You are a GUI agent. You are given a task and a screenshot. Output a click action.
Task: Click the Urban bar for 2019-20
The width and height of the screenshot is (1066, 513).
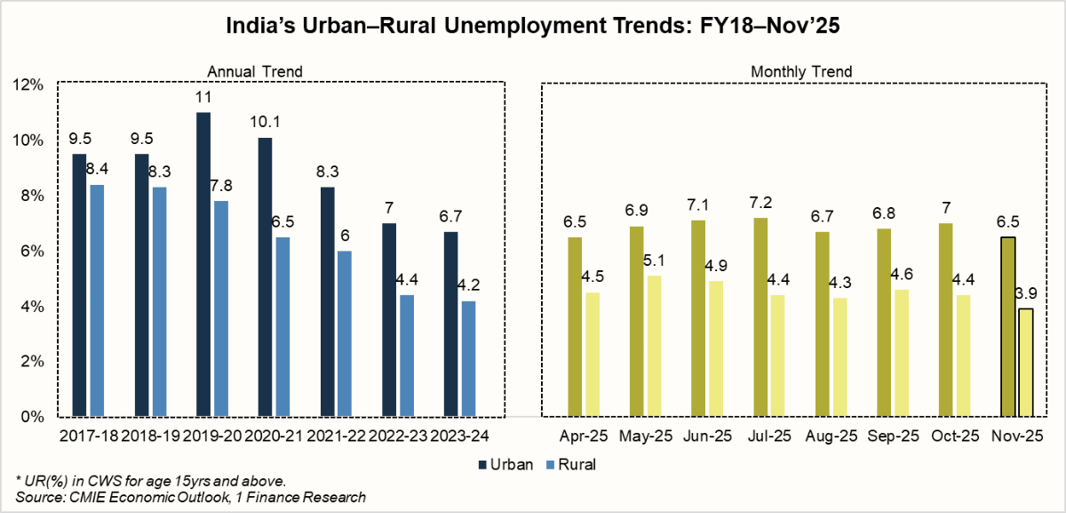click(x=203, y=264)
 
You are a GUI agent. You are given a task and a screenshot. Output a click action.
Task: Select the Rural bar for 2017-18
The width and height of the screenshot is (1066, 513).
click(x=97, y=301)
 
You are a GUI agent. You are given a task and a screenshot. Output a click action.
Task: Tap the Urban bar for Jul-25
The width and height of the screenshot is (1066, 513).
click(x=760, y=317)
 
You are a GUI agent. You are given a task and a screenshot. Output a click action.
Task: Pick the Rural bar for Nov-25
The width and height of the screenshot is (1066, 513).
click(x=1025, y=363)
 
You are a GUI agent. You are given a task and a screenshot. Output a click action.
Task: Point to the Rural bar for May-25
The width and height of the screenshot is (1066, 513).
click(x=655, y=346)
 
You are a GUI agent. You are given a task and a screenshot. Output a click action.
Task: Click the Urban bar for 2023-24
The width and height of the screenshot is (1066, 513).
click(x=450, y=325)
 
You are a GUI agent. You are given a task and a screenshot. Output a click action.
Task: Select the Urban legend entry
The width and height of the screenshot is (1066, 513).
click(x=505, y=464)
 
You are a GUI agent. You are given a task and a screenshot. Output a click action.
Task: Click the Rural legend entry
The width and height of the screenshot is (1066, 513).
click(x=571, y=464)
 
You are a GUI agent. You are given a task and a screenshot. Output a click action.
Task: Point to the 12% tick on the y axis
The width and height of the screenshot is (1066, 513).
click(x=28, y=84)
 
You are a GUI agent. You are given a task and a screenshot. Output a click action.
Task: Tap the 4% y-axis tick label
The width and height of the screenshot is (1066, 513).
click(x=32, y=306)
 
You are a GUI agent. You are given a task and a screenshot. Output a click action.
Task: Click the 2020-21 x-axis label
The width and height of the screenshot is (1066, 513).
click(x=274, y=436)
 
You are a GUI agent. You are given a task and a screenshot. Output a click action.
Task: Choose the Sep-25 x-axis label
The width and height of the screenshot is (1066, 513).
click(x=893, y=436)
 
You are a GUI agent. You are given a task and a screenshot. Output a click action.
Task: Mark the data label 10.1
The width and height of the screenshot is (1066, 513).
click(x=265, y=122)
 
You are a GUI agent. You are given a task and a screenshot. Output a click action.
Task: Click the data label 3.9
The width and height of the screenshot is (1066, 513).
click(x=1025, y=293)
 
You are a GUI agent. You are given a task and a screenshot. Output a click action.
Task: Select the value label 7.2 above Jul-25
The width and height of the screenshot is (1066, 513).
click(x=760, y=203)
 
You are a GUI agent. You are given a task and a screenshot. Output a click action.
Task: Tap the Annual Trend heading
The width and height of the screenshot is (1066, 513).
click(x=255, y=72)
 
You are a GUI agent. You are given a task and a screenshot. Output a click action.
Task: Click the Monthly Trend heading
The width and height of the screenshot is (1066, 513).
click(x=801, y=72)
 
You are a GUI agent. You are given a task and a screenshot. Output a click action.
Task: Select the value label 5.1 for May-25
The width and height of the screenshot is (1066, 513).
click(x=655, y=261)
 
